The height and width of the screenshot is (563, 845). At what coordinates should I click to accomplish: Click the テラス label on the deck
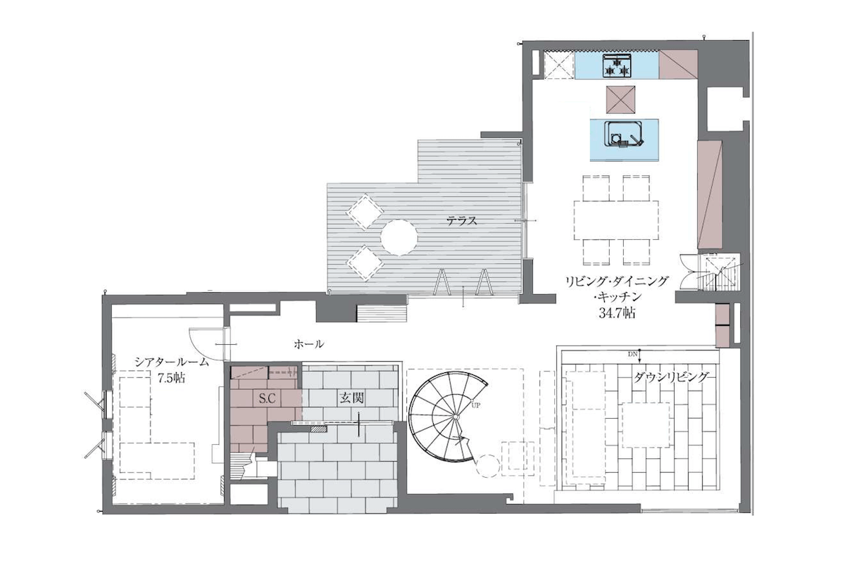tap(462, 220)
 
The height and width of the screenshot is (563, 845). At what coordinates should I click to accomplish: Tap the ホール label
tap(308, 344)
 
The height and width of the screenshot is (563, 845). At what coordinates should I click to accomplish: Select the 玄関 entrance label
tap(351, 398)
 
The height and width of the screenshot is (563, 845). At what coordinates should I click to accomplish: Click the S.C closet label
tap(267, 398)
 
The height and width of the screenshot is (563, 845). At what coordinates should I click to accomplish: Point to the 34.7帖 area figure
tap(617, 313)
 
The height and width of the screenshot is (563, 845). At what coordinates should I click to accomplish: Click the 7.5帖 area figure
tap(171, 378)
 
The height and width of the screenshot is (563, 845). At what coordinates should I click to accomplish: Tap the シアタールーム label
tap(172, 362)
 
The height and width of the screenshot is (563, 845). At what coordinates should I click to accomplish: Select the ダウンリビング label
tap(671, 377)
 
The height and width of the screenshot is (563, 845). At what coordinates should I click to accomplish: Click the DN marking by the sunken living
tap(632, 355)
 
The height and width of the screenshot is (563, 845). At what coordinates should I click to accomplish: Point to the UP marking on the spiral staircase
tap(476, 405)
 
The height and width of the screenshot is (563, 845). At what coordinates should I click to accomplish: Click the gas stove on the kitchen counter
tap(617, 65)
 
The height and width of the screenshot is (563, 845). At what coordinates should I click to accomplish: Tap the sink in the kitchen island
tap(625, 134)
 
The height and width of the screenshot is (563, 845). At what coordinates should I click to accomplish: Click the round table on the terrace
tap(399, 238)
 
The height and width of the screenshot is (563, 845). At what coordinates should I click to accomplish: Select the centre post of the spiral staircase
tap(456, 417)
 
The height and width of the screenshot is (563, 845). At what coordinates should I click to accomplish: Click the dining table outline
tap(616, 220)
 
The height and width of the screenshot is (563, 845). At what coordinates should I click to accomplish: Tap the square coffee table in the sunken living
tap(646, 425)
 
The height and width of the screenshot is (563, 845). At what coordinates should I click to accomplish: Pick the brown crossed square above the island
tap(620, 99)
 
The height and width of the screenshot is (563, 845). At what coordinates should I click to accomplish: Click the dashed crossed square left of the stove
tap(558, 65)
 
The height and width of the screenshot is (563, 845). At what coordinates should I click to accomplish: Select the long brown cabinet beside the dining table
tap(710, 194)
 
